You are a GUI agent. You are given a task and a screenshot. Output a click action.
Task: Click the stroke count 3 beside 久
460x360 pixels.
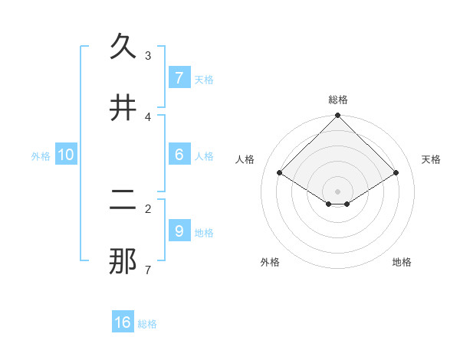tap(148, 56)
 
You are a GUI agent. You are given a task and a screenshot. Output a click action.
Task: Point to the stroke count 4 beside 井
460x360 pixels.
tap(148, 117)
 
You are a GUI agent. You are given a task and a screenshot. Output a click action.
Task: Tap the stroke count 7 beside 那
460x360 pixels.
tap(148, 270)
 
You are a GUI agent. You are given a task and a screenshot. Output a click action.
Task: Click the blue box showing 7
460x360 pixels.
tap(179, 77)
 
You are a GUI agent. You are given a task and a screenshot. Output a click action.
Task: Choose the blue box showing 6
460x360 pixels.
tap(179, 155)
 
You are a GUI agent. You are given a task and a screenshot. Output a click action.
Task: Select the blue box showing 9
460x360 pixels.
tap(179, 231)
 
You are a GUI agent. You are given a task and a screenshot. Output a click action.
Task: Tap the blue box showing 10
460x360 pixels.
tap(66, 155)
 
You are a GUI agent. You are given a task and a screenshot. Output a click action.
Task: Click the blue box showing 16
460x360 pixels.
tap(123, 322)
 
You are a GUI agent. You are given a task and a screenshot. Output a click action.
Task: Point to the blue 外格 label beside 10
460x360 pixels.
tap(41, 156)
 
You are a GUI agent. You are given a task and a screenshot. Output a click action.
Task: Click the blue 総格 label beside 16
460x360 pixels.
tap(147, 324)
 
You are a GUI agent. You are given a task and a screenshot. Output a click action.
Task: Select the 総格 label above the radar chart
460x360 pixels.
tap(338, 100)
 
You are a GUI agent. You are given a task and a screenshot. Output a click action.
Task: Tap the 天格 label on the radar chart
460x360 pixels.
tap(431, 159)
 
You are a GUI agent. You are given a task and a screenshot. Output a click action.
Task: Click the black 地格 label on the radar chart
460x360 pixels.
tap(402, 262)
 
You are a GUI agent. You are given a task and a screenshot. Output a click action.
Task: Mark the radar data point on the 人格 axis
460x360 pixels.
tap(280, 172)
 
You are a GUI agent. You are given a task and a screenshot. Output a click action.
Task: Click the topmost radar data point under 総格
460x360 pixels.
tap(338, 116)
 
